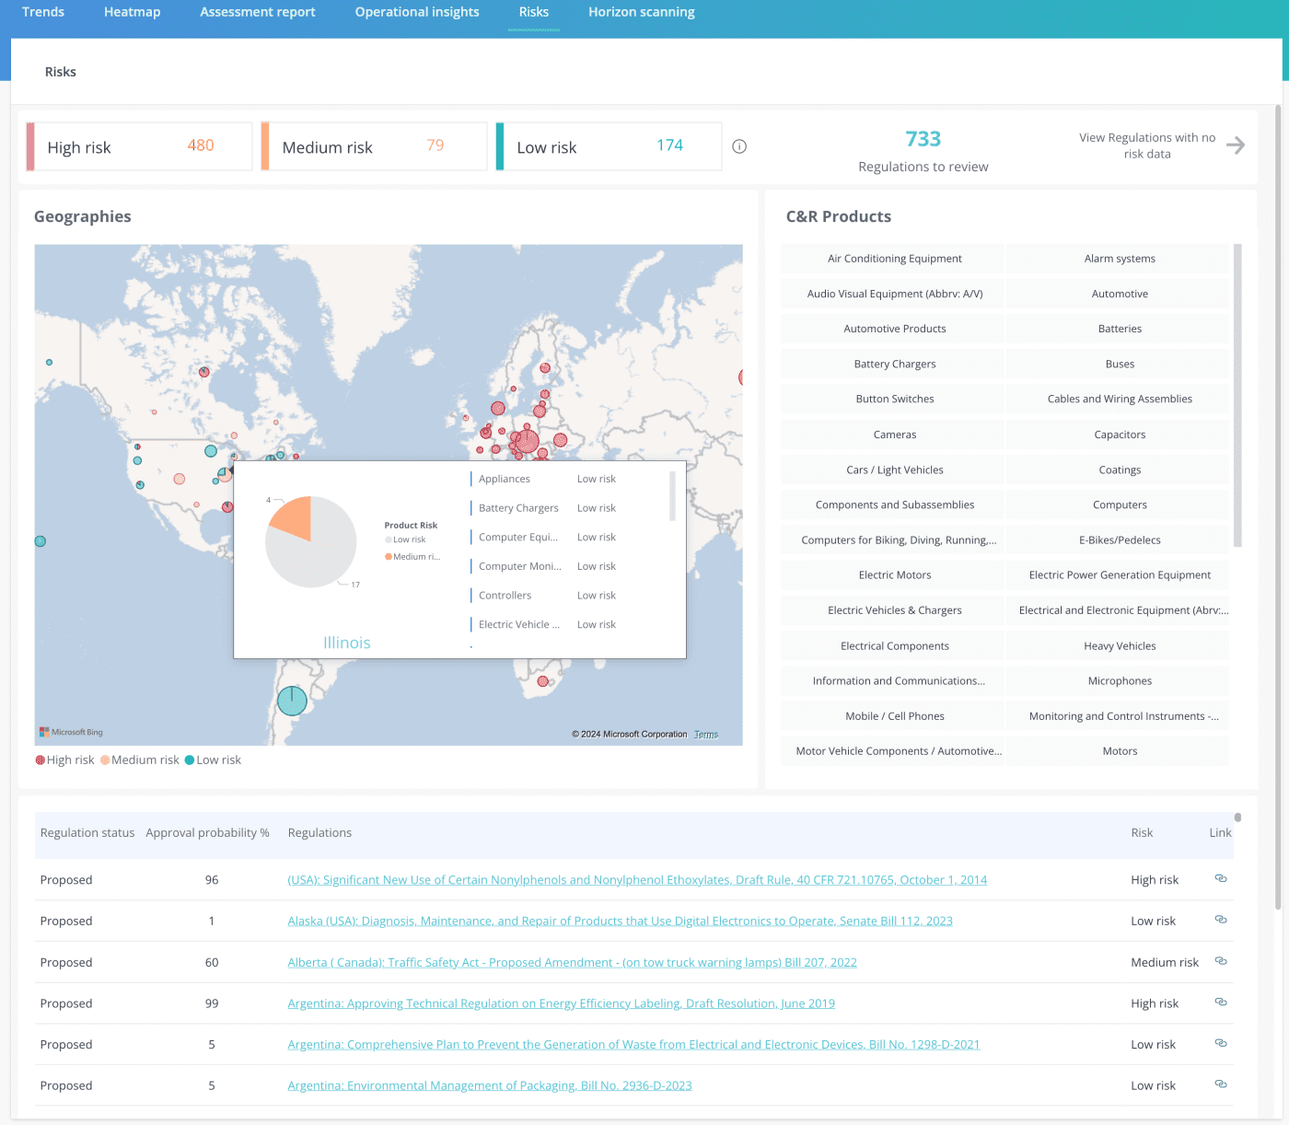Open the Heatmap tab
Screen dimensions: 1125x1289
pos(132,12)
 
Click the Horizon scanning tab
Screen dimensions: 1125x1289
pos(641,12)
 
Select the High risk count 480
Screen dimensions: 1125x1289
pos(200,145)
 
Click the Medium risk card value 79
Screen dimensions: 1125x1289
pos(435,145)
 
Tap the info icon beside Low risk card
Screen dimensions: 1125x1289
pos(739,146)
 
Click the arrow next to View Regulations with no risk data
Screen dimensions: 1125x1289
pos(1236,145)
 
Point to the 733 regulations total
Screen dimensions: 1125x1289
pos(923,139)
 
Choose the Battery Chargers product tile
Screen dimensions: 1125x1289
pos(894,365)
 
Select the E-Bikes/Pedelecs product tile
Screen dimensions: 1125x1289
pos(1119,540)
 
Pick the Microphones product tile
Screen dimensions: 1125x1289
pos(1119,681)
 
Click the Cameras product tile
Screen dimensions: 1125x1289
pos(894,435)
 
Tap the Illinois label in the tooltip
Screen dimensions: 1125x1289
pos(346,643)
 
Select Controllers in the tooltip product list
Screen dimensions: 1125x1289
pos(505,596)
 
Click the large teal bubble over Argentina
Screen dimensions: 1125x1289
pos(292,701)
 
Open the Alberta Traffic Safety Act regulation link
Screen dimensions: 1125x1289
pos(572,962)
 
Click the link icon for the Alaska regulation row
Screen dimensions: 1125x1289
pos(1220,920)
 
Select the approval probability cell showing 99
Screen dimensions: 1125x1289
pos(212,1003)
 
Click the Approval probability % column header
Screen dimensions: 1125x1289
pos(207,833)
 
